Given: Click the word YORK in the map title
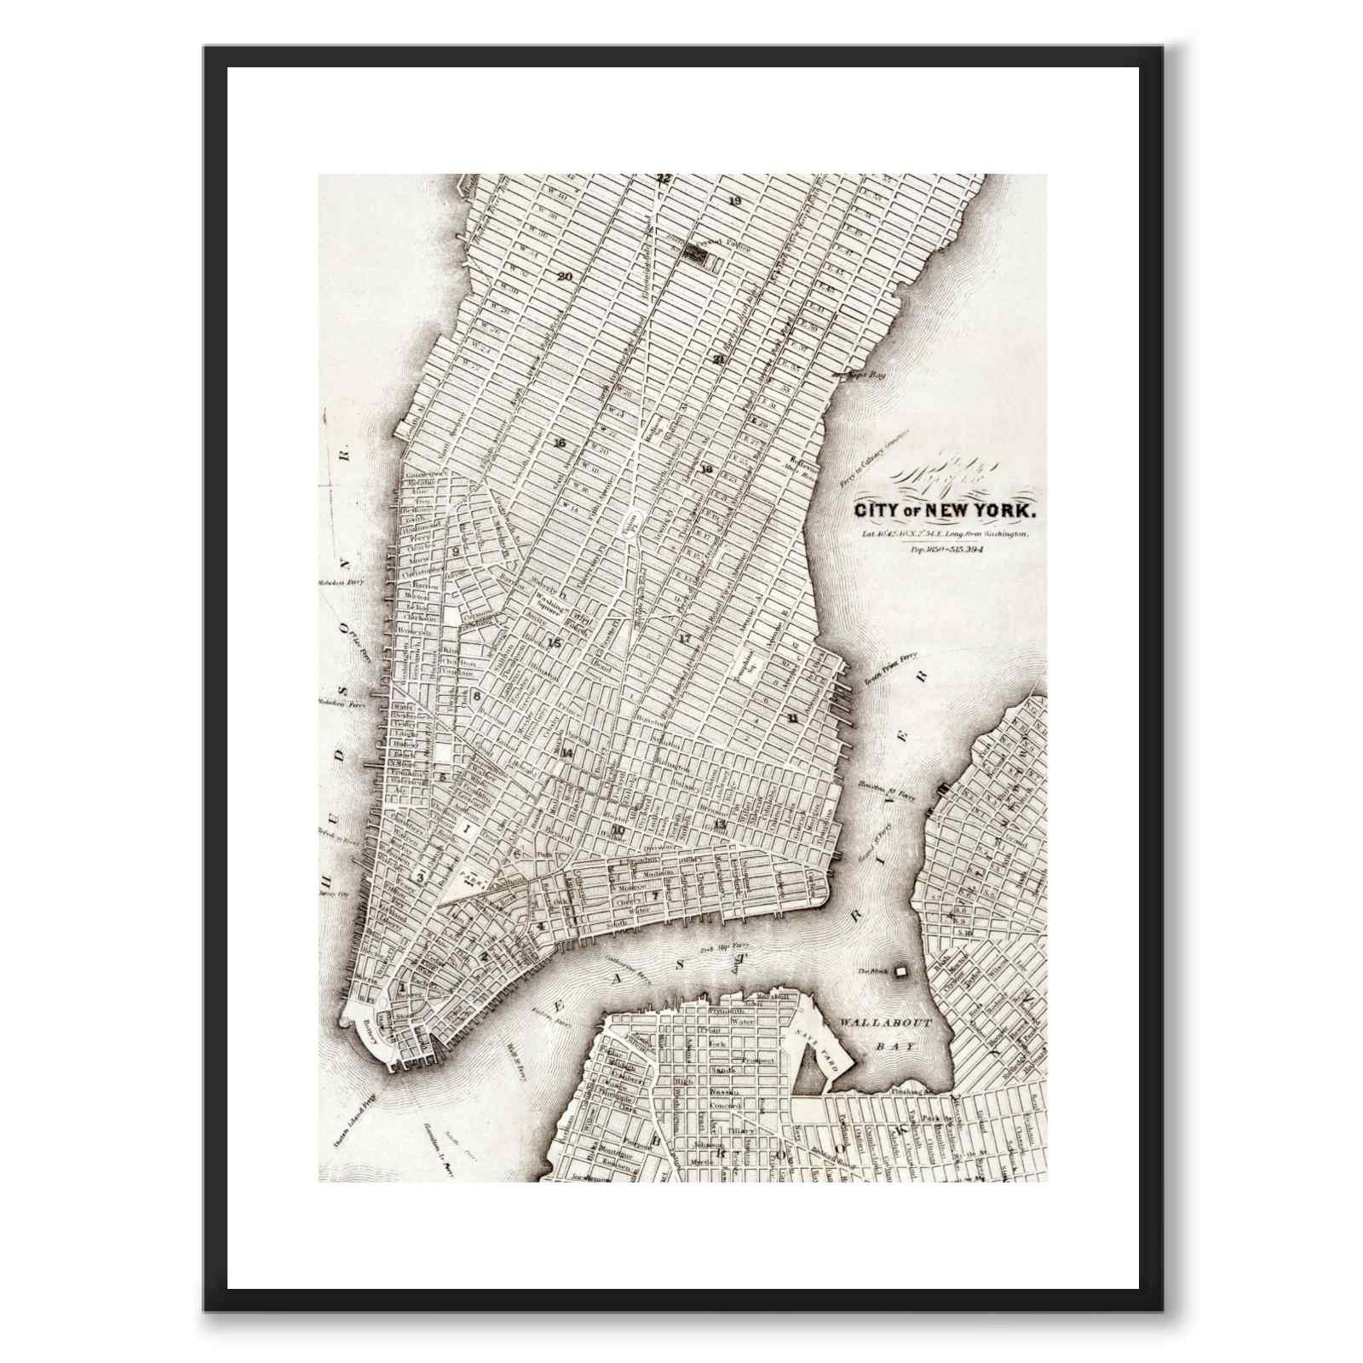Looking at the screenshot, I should pos(1004,511).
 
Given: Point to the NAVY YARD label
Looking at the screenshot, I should pos(825,1047).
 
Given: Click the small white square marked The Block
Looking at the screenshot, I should pos(900,969).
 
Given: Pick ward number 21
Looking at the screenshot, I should pos(720,359).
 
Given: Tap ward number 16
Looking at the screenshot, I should pos(559,443).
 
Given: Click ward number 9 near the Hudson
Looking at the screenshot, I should pos(457,551).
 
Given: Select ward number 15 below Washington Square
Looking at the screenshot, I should pos(555,642).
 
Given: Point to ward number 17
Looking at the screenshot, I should pos(684,637).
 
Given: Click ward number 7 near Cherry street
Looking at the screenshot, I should pos(655,896).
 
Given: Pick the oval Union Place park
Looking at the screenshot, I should pos(630,520).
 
